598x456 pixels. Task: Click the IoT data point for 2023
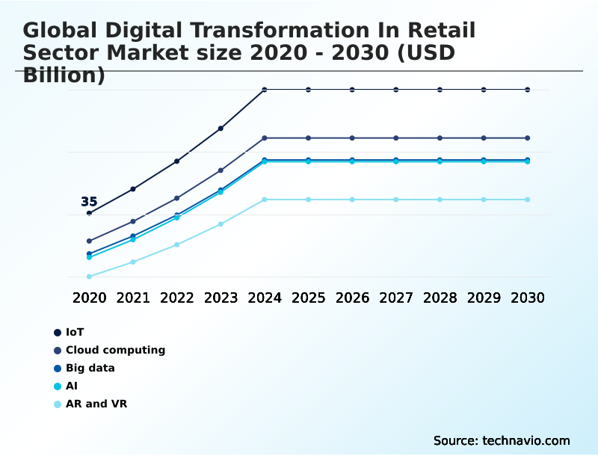[221, 129]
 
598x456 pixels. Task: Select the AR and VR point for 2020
[89, 277]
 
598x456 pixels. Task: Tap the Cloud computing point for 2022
[177, 198]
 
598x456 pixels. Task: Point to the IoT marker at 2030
[528, 90]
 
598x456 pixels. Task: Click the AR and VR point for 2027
[396, 200]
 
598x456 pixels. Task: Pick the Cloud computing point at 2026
[352, 138]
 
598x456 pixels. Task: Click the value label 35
[89, 202]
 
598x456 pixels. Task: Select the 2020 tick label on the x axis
[89, 298]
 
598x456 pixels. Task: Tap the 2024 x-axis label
[265, 298]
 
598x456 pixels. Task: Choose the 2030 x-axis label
[528, 298]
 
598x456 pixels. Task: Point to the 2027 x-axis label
[396, 298]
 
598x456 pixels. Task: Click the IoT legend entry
[75, 332]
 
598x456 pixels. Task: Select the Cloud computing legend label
[115, 350]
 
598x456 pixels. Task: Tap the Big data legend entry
[90, 368]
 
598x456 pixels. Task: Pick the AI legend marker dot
[57, 386]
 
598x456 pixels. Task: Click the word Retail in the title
[442, 30]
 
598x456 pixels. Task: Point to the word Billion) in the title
[64, 75]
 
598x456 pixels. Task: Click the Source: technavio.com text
[502, 440]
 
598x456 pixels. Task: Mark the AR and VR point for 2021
[133, 262]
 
